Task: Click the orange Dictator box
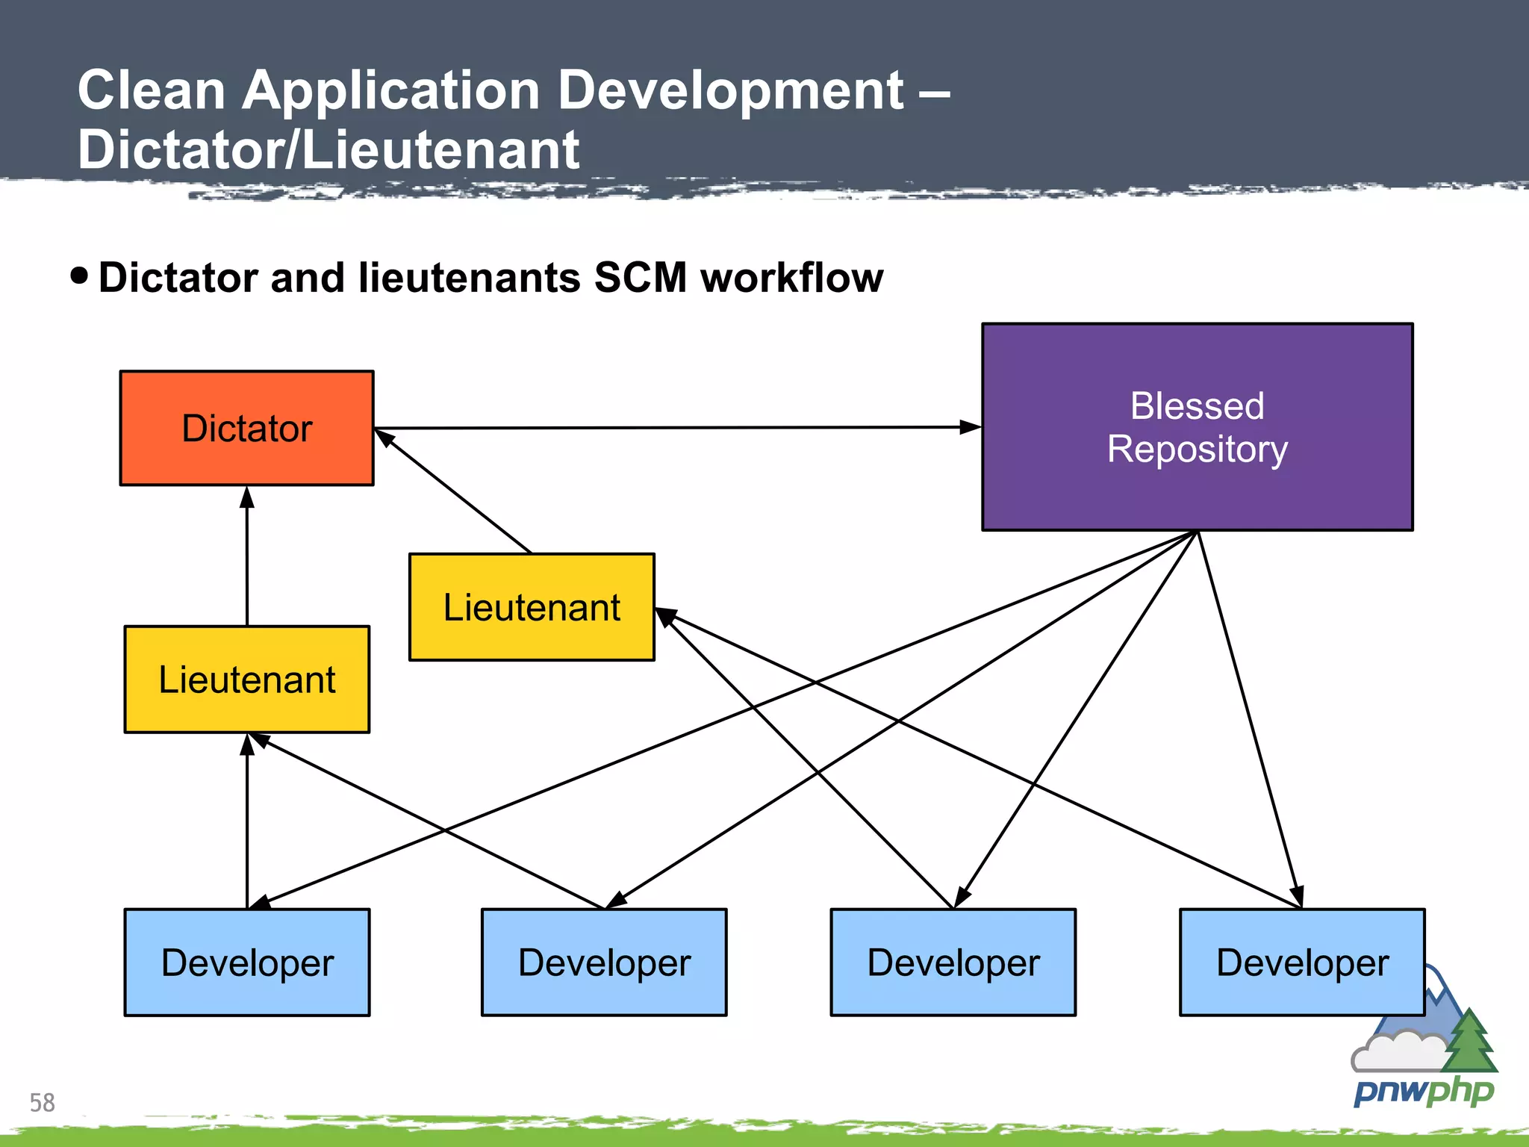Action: tap(246, 428)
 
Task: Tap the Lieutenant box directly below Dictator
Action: tap(246, 680)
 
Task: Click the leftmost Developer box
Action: tap(246, 963)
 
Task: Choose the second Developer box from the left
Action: tap(604, 963)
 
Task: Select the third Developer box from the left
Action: tap(953, 963)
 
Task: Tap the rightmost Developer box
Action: tap(1302, 963)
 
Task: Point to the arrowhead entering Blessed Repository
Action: tap(970, 427)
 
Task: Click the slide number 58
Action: tap(42, 1102)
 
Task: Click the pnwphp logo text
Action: tap(1423, 1092)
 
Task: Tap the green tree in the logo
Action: tap(1469, 1042)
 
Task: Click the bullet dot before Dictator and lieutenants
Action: tap(79, 276)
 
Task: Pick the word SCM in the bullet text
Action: tap(640, 278)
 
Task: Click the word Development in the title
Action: tap(730, 90)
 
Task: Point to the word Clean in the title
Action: tap(152, 90)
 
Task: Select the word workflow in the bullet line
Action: tap(791, 278)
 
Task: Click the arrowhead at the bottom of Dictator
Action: tap(247, 497)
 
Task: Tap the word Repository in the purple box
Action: tap(1197, 450)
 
